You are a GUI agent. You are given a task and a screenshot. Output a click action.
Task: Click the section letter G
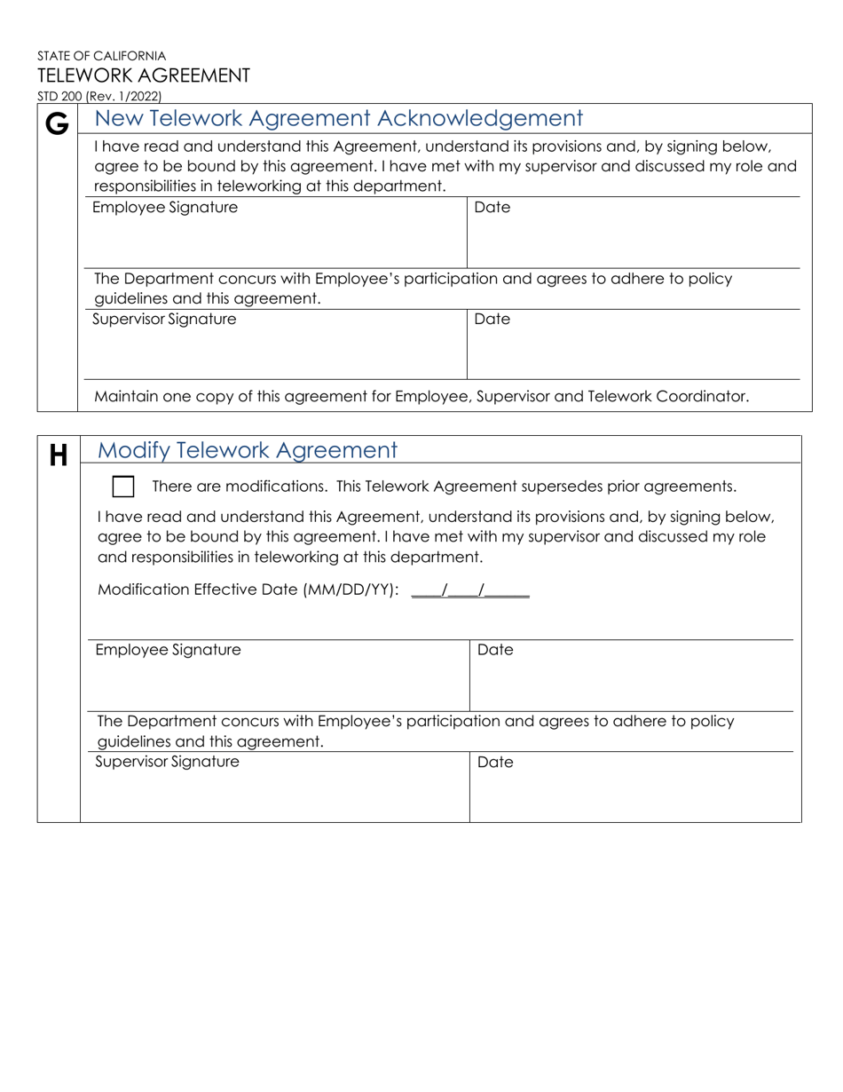tap(57, 124)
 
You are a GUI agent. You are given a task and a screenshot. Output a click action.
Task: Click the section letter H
tap(58, 456)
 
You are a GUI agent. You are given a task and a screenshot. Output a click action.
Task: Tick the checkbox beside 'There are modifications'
tap(123, 487)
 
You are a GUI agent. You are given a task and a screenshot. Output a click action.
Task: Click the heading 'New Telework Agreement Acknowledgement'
tap(338, 118)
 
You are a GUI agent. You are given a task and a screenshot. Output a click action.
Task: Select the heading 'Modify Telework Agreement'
tap(247, 450)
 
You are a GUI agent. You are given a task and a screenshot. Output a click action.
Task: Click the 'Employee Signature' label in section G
tap(165, 208)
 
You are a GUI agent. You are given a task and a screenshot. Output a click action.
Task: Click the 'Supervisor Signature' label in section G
tap(164, 320)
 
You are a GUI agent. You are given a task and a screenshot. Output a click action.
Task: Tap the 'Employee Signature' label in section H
tap(168, 650)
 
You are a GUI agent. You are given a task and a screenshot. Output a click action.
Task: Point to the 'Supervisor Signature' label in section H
tap(167, 762)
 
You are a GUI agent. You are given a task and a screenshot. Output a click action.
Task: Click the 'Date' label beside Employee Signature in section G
tap(492, 208)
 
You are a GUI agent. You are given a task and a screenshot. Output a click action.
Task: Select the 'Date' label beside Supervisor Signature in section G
tap(492, 320)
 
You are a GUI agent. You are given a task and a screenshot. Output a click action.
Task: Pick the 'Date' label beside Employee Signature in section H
tap(495, 650)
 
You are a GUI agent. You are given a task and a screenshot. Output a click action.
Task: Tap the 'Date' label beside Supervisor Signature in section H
tap(495, 762)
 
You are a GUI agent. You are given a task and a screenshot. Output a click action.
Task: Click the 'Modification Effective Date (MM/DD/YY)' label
tap(248, 590)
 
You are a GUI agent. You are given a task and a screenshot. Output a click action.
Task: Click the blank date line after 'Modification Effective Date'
tap(470, 591)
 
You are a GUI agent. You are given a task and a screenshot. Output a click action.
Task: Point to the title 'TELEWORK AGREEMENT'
tap(143, 75)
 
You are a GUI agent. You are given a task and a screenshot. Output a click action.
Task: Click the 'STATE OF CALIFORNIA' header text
tap(101, 55)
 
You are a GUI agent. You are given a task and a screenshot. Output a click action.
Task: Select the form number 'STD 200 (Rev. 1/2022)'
tap(99, 97)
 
